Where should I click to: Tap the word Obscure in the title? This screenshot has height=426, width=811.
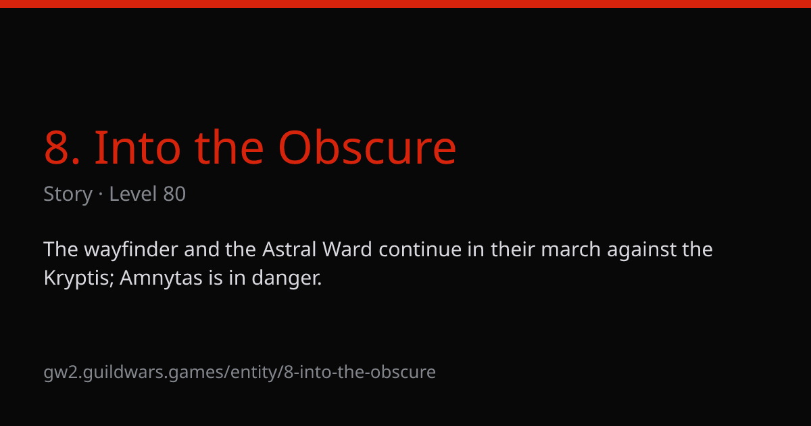[x=367, y=147]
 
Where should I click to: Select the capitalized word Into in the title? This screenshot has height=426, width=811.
[x=137, y=147]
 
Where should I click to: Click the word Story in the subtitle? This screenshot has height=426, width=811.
[x=68, y=195]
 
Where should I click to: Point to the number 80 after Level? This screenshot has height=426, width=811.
[x=174, y=194]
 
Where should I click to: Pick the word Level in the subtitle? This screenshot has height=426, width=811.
[x=133, y=194]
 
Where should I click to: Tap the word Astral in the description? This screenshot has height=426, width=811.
[x=289, y=250]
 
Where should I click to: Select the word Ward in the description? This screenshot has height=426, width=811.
[x=347, y=250]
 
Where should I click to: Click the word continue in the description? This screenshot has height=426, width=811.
[x=420, y=250]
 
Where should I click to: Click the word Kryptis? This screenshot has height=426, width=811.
[x=79, y=279]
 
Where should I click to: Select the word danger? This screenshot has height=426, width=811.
[x=287, y=279]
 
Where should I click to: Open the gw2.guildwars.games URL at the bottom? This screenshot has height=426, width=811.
[x=239, y=373]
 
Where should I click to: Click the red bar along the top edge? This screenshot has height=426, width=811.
[x=405, y=3]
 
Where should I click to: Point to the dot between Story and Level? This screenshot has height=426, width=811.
[x=101, y=195]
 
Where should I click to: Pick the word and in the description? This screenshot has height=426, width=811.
[x=201, y=250]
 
